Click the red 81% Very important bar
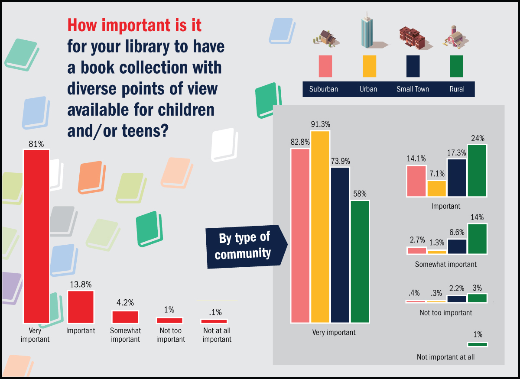(x=36, y=236)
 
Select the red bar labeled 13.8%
(x=81, y=307)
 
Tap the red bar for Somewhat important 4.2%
(x=125, y=317)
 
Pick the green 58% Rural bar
(x=360, y=262)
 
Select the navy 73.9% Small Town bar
(x=340, y=245)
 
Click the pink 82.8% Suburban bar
(x=300, y=236)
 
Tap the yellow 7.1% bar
(x=436, y=188)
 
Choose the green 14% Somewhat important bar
(x=477, y=239)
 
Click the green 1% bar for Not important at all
(x=477, y=344)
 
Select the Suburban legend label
(x=323, y=89)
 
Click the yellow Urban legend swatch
(x=369, y=66)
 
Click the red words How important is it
(x=134, y=26)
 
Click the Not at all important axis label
(x=217, y=335)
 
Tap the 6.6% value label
(x=457, y=233)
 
